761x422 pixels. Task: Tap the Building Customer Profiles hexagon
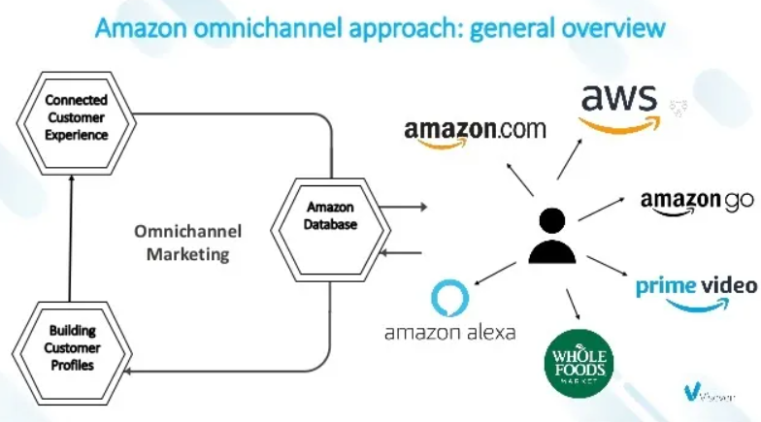click(71, 346)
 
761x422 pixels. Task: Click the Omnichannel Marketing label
click(187, 243)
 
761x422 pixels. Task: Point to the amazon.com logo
click(475, 133)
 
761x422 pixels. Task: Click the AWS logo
click(619, 107)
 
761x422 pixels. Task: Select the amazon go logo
click(696, 203)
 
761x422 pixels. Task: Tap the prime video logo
click(695, 290)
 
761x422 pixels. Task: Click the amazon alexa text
click(449, 333)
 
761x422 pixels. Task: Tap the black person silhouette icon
click(552, 236)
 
